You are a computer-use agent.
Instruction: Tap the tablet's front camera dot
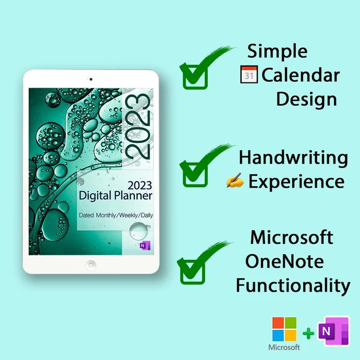91,79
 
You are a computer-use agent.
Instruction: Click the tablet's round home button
91,264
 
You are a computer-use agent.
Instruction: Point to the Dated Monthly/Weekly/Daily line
116,216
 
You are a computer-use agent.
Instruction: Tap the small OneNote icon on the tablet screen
143,245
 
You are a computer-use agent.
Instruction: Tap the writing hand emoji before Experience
235,182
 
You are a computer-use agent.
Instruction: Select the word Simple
277,50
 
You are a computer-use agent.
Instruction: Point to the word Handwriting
294,157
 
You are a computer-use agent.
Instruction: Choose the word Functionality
293,286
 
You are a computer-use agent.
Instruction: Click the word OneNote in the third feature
284,262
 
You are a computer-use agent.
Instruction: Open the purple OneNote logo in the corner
333,331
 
